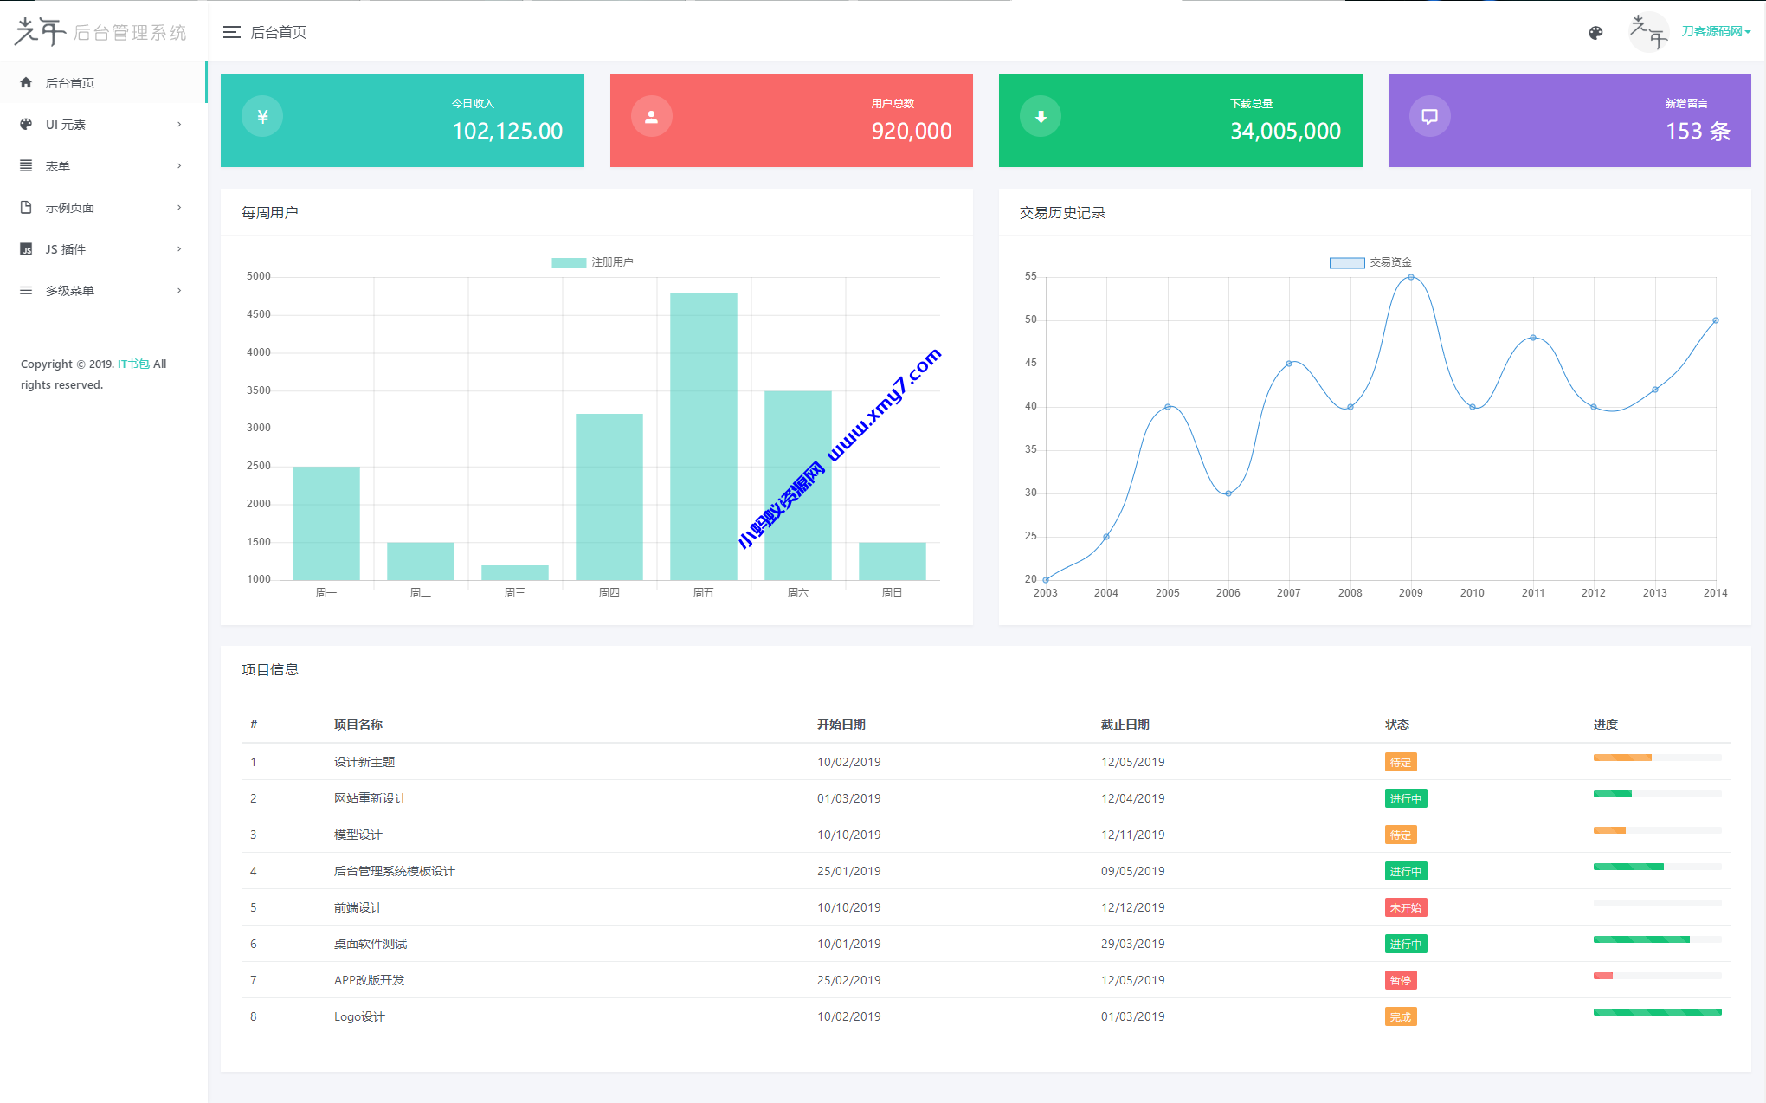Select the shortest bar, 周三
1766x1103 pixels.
tap(514, 572)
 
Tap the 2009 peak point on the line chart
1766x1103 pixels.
tap(1411, 277)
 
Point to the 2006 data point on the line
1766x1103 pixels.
tap(1228, 493)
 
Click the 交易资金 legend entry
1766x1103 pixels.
tap(1371, 262)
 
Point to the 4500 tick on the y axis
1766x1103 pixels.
tap(258, 314)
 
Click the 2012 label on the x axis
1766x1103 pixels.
tap(1593, 593)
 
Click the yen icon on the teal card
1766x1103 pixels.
tap(262, 117)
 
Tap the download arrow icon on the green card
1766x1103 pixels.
tap(1041, 117)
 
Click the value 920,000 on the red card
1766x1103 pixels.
tap(911, 131)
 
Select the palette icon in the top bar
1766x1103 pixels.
tap(1595, 33)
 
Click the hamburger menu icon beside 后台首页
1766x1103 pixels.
tap(231, 33)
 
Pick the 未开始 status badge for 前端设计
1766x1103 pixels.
tap(1405, 907)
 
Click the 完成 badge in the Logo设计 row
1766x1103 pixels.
tap(1400, 1016)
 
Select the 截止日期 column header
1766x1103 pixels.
tap(1125, 725)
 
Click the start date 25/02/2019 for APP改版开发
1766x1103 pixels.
tap(848, 980)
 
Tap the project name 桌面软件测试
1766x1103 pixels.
tap(371, 944)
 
